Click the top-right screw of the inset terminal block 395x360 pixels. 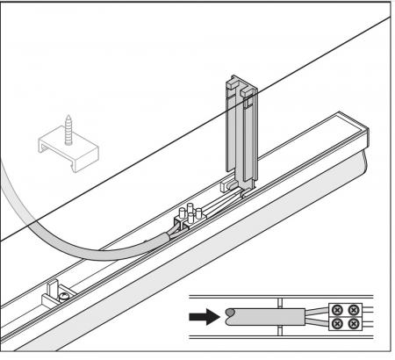tap(353, 309)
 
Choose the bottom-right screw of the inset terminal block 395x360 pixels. tap(353, 324)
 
